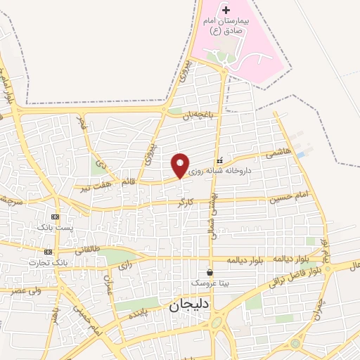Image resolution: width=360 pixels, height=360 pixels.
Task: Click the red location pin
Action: (x=181, y=165)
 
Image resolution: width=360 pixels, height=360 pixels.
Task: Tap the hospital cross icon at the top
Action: (x=226, y=10)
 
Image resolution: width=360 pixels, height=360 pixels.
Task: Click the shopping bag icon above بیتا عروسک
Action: (x=210, y=272)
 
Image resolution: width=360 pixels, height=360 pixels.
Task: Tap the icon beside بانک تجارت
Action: (x=48, y=252)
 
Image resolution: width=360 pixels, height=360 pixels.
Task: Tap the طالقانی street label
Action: (x=87, y=248)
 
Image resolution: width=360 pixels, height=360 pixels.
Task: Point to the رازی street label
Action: (x=125, y=266)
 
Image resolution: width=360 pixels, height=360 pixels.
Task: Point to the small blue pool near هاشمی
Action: (x=301, y=155)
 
